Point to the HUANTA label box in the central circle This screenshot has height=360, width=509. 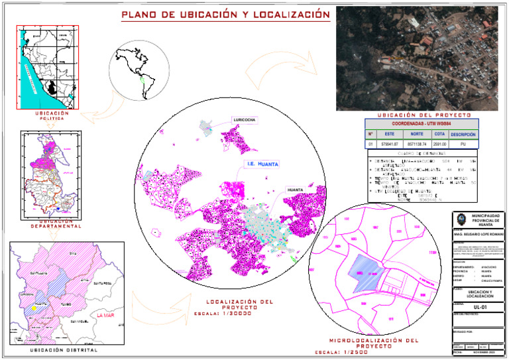(296, 190)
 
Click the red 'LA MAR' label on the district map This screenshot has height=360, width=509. (106, 316)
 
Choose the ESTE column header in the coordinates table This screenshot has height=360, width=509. (389, 134)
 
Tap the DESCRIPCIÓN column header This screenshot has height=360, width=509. (464, 134)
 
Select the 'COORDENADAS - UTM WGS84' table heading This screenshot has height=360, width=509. (422, 124)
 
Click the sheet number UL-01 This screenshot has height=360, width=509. (472, 307)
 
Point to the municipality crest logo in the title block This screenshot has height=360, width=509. (461, 221)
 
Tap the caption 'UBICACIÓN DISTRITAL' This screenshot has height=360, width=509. (64, 350)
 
